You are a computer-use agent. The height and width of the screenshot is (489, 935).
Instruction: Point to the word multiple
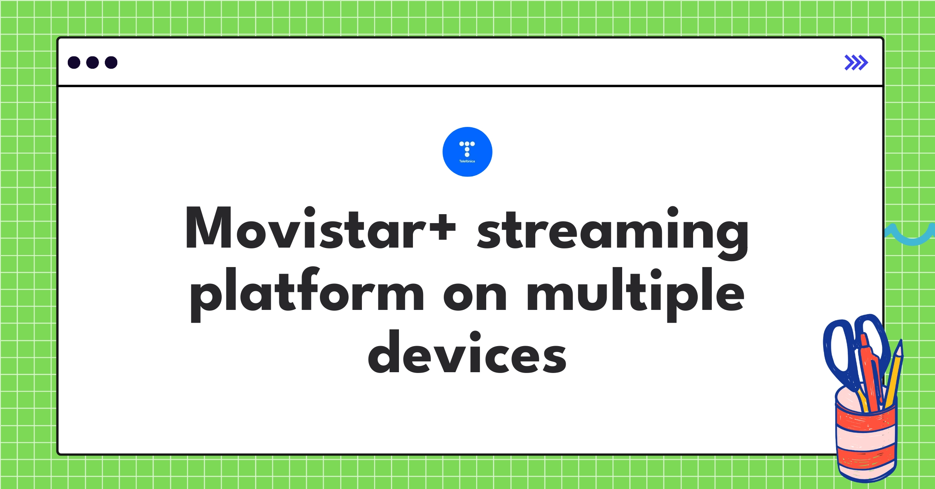point(635,293)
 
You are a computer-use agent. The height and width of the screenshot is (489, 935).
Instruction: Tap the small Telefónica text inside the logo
point(467,161)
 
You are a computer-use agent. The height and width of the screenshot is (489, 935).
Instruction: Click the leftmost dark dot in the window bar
point(74,62)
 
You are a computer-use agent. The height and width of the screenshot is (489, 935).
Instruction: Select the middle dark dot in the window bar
point(92,62)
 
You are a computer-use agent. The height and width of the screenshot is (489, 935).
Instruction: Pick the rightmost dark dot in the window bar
point(111,62)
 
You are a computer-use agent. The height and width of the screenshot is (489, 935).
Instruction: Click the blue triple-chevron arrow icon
point(856,63)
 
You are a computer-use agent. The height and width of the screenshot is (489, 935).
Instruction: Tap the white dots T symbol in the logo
point(467,148)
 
